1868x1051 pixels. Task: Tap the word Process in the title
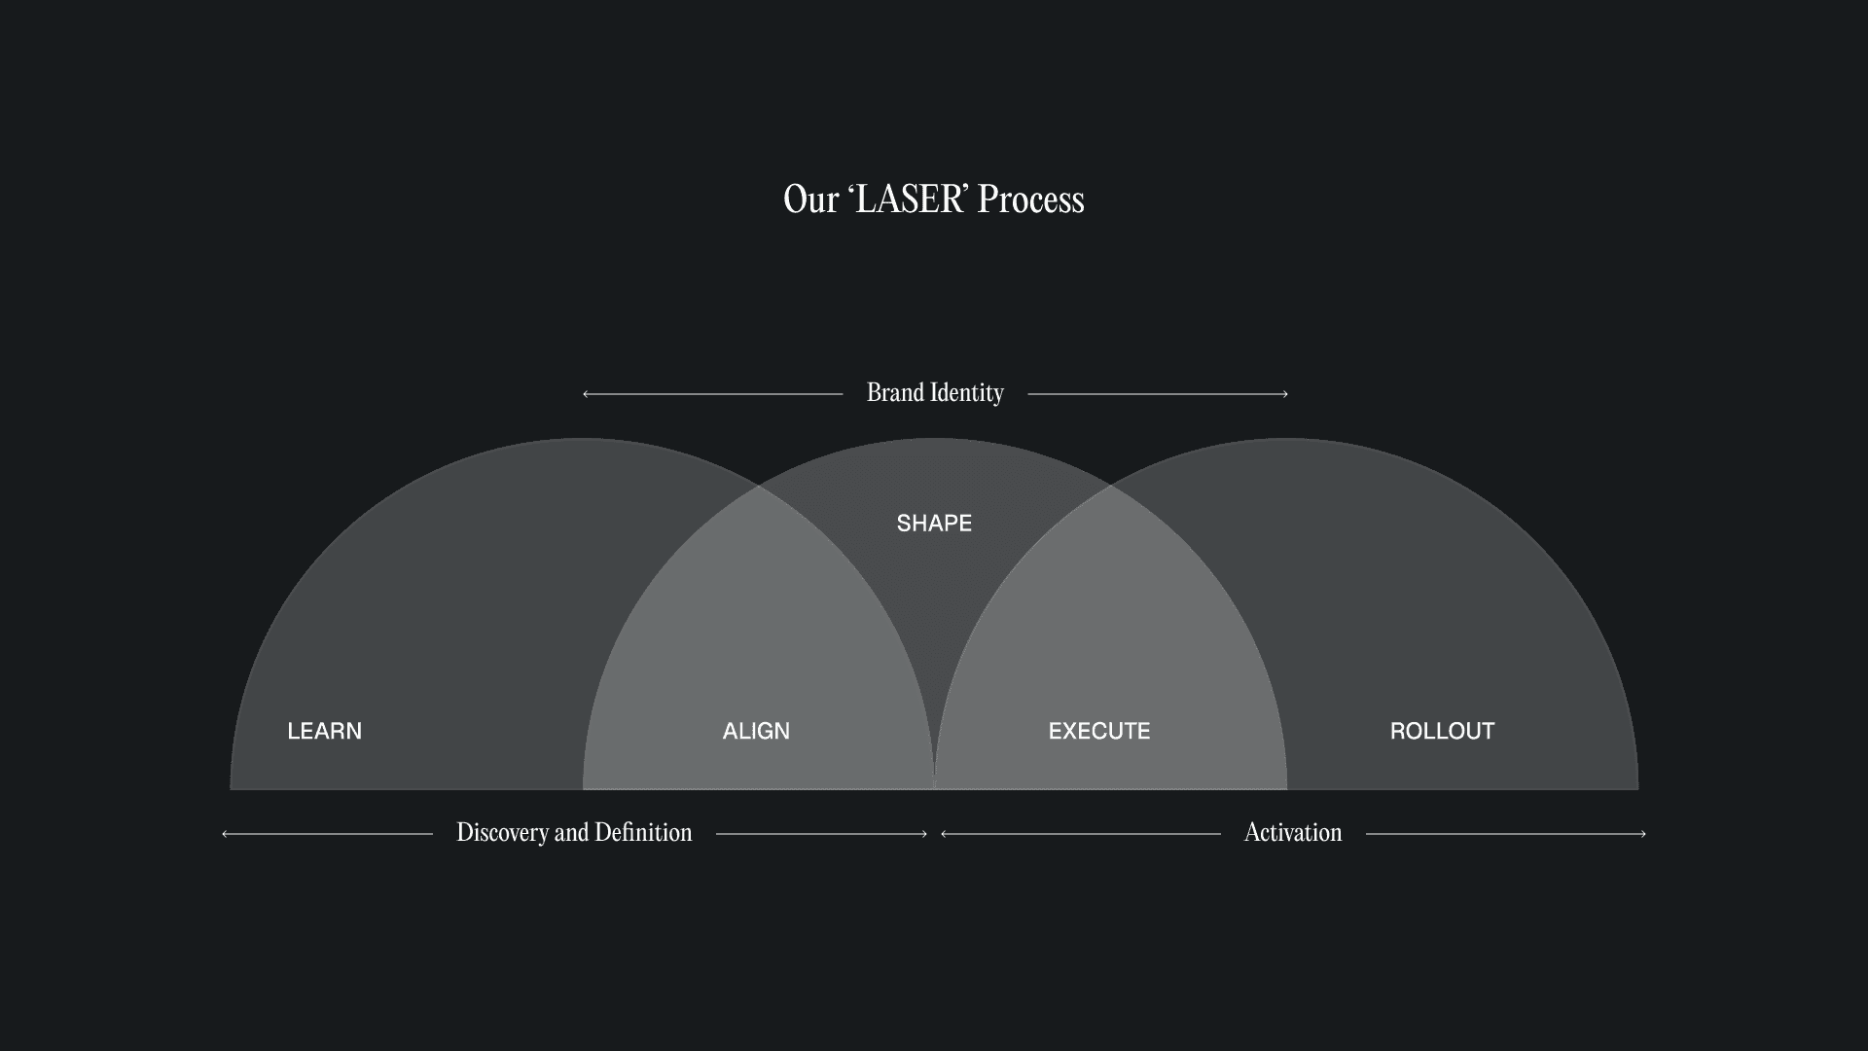click(1030, 199)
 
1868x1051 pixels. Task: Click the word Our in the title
click(810, 199)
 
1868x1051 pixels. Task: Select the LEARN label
click(324, 731)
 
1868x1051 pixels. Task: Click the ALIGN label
click(756, 731)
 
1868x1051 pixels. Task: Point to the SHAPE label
click(934, 524)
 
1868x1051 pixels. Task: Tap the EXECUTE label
click(1099, 731)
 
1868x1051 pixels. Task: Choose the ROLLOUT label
click(1442, 731)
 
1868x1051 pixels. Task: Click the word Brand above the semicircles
click(895, 392)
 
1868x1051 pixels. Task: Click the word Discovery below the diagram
click(502, 833)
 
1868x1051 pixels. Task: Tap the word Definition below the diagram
click(643, 833)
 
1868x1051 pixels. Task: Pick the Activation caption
click(1293, 833)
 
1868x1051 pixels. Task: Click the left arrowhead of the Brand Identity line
click(586, 394)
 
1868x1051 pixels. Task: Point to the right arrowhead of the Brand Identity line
click(1285, 394)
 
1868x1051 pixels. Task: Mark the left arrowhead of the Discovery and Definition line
click(225, 834)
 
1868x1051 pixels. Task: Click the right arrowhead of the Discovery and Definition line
click(924, 834)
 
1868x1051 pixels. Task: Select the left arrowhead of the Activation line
click(944, 834)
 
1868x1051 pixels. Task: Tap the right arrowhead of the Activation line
click(1643, 834)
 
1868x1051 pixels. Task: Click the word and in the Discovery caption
click(571, 833)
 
